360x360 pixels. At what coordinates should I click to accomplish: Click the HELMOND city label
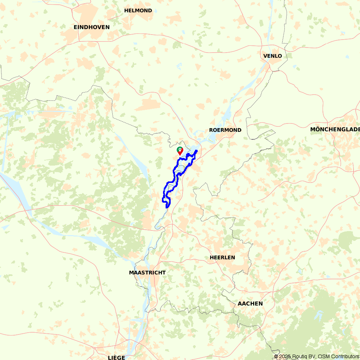(138, 10)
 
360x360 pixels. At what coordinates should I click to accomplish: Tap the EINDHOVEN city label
(91, 27)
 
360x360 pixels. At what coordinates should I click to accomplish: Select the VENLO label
(273, 56)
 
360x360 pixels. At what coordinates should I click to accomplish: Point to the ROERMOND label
(225, 130)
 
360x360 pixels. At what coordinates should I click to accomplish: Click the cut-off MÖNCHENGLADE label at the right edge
(335, 130)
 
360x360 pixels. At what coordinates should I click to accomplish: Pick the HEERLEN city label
(222, 257)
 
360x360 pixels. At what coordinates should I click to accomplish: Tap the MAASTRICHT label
(147, 273)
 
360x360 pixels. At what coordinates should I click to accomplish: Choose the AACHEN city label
(250, 303)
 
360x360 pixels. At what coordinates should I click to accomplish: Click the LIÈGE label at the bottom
(116, 357)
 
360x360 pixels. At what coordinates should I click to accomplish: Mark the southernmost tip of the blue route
(167, 207)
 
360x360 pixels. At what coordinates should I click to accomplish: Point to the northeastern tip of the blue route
(196, 150)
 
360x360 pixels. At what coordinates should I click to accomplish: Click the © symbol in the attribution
(276, 356)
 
